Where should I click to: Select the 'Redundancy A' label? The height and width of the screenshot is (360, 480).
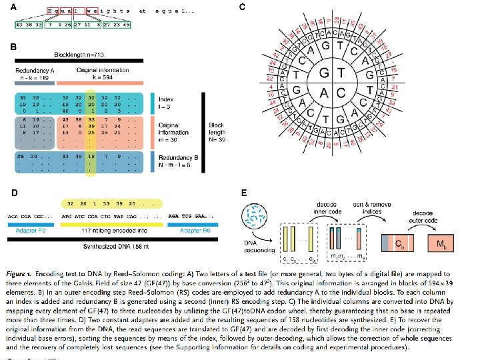point(35,70)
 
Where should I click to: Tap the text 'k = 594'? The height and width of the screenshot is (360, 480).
point(96,78)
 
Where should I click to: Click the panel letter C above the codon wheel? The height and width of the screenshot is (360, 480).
point(242,7)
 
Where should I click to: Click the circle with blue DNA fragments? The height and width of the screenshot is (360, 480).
point(255,219)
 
